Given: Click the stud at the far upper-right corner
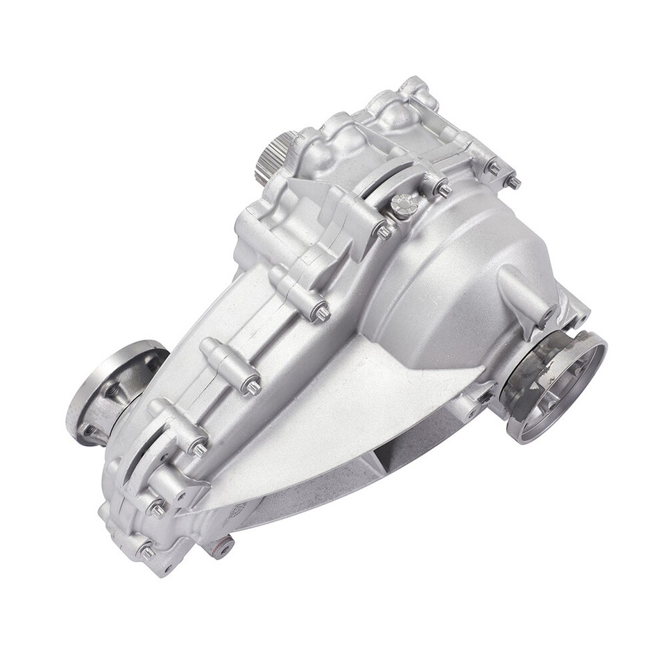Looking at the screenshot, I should (x=514, y=181).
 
